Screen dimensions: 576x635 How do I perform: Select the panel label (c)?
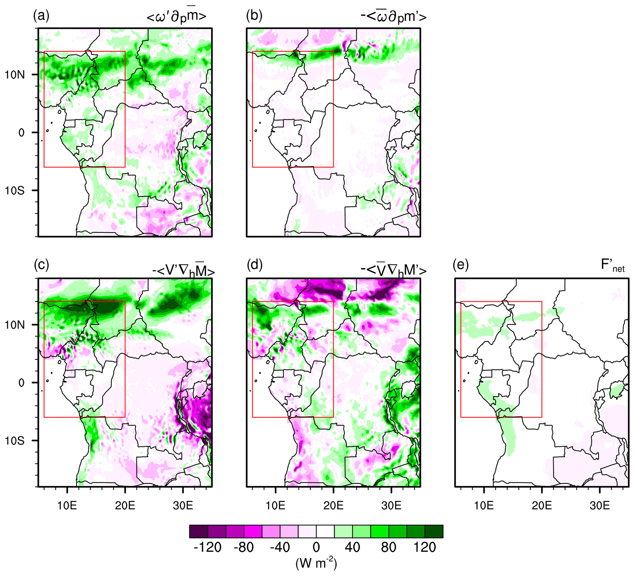point(41,265)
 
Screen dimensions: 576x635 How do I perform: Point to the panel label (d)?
point(254,265)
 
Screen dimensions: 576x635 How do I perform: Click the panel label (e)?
point(461,265)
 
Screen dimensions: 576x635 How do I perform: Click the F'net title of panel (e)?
point(612,265)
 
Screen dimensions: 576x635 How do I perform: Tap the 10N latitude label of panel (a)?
point(14,75)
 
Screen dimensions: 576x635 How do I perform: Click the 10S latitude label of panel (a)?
point(14,191)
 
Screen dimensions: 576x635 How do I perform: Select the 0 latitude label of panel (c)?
point(22,383)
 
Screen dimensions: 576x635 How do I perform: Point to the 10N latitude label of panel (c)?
point(14,325)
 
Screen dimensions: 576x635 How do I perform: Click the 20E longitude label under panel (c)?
point(125,506)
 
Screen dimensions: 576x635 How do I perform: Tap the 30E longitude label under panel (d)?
point(391,506)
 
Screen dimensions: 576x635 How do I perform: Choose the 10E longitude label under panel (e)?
point(484,506)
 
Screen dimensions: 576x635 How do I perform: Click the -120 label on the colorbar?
point(207,547)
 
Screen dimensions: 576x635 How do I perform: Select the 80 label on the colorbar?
point(388,547)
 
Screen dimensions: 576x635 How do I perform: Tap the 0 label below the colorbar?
point(316,547)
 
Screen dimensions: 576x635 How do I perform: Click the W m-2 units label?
point(316,563)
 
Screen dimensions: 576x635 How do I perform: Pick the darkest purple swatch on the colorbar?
point(198,531)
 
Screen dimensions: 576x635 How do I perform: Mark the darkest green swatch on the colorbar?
point(434,531)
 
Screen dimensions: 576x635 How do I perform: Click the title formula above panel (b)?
point(394,17)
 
